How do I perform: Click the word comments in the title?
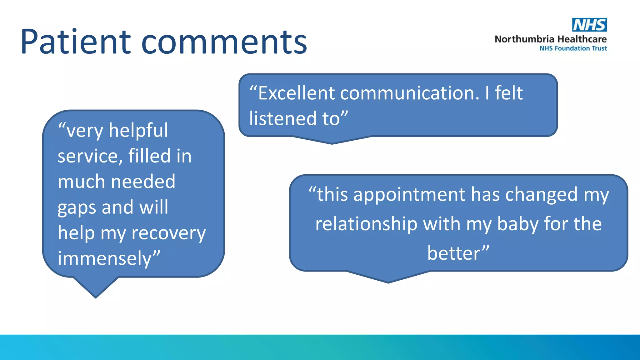224,42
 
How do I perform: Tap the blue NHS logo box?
589,25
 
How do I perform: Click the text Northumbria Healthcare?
550,39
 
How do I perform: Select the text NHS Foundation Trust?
573,48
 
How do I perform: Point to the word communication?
409,93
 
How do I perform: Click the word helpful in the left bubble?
138,130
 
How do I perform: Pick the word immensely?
105,259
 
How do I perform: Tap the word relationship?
366,224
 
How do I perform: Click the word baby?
517,224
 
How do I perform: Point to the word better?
454,253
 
